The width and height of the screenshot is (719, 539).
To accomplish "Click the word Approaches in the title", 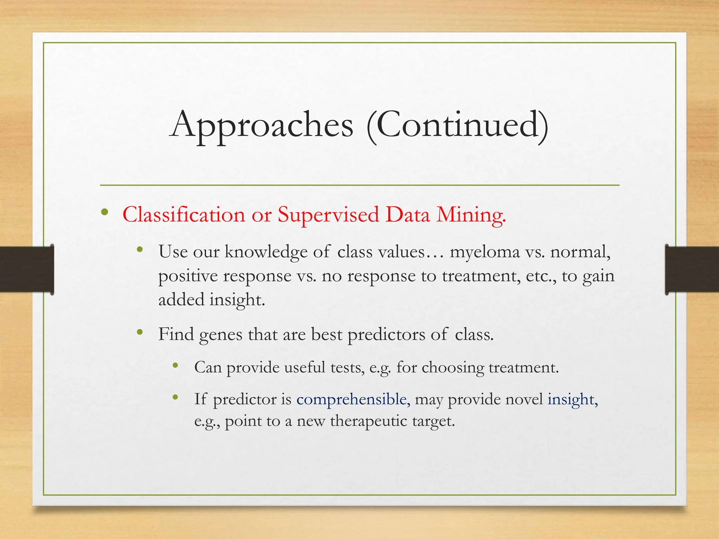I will click(262, 126).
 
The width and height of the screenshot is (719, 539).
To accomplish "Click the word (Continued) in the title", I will click(457, 126).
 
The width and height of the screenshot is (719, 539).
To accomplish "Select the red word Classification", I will click(184, 215).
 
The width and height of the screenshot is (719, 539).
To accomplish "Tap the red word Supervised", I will click(329, 215).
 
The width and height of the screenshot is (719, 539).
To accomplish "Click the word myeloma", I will click(485, 252).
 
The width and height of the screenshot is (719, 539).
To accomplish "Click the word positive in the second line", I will click(188, 276).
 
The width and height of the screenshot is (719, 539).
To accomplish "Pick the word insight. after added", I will click(237, 300).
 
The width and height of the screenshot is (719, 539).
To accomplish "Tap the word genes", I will click(221, 334).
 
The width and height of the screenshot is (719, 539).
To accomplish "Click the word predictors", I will click(386, 334).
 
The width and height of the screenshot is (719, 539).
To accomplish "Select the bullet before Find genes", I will click(140, 332).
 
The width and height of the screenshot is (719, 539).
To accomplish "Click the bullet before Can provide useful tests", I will click(176, 366).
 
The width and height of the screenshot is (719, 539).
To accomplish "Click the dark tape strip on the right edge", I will click(692, 269).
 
